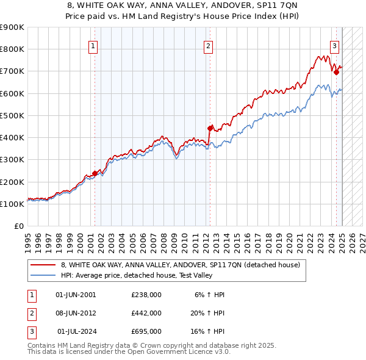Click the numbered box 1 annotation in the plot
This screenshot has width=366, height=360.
93,45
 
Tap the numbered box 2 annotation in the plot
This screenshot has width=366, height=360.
209,45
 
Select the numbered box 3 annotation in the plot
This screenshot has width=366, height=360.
335,45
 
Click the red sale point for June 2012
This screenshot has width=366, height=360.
210,128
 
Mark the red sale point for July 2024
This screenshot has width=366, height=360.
336,72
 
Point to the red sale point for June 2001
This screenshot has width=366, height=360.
95,173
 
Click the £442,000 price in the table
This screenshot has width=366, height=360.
146,313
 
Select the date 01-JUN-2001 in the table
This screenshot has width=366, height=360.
76,295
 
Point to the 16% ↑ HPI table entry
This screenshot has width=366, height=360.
207,331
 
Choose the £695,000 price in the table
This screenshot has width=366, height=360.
146,331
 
